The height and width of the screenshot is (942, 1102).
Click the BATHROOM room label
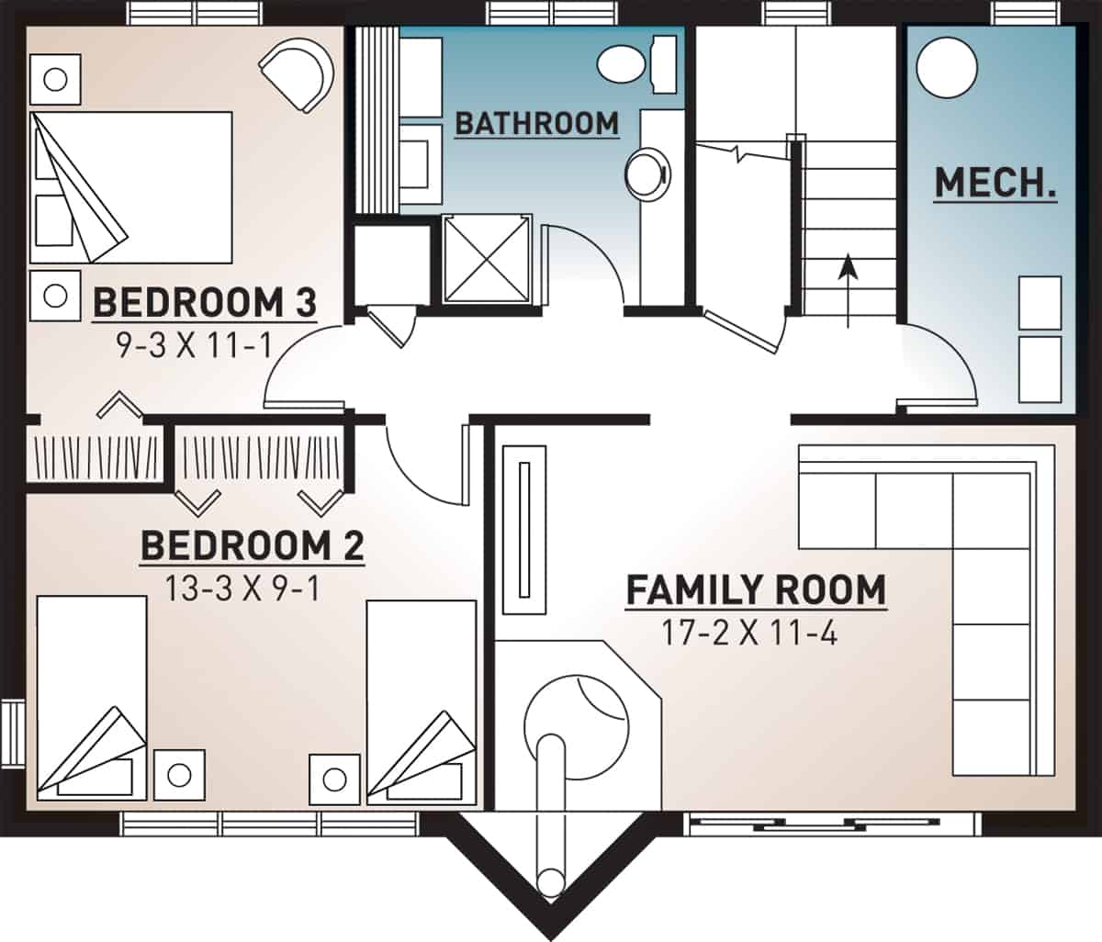tap(537, 123)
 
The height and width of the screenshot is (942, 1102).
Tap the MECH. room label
tap(995, 184)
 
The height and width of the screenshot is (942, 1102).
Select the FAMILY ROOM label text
tap(756, 589)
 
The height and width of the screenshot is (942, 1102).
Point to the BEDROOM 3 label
tap(205, 302)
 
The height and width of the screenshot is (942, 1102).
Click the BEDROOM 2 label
tap(252, 546)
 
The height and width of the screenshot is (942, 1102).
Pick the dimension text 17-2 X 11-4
tap(749, 634)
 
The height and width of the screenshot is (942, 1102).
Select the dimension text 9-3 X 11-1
tap(195, 345)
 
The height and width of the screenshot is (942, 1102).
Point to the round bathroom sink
tap(647, 174)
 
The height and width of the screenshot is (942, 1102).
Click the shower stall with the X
tap(487, 259)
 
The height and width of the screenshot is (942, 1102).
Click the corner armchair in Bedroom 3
tap(298, 73)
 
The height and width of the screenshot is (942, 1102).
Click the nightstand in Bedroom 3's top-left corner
tap(56, 79)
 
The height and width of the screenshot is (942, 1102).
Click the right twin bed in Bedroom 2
tap(422, 698)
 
